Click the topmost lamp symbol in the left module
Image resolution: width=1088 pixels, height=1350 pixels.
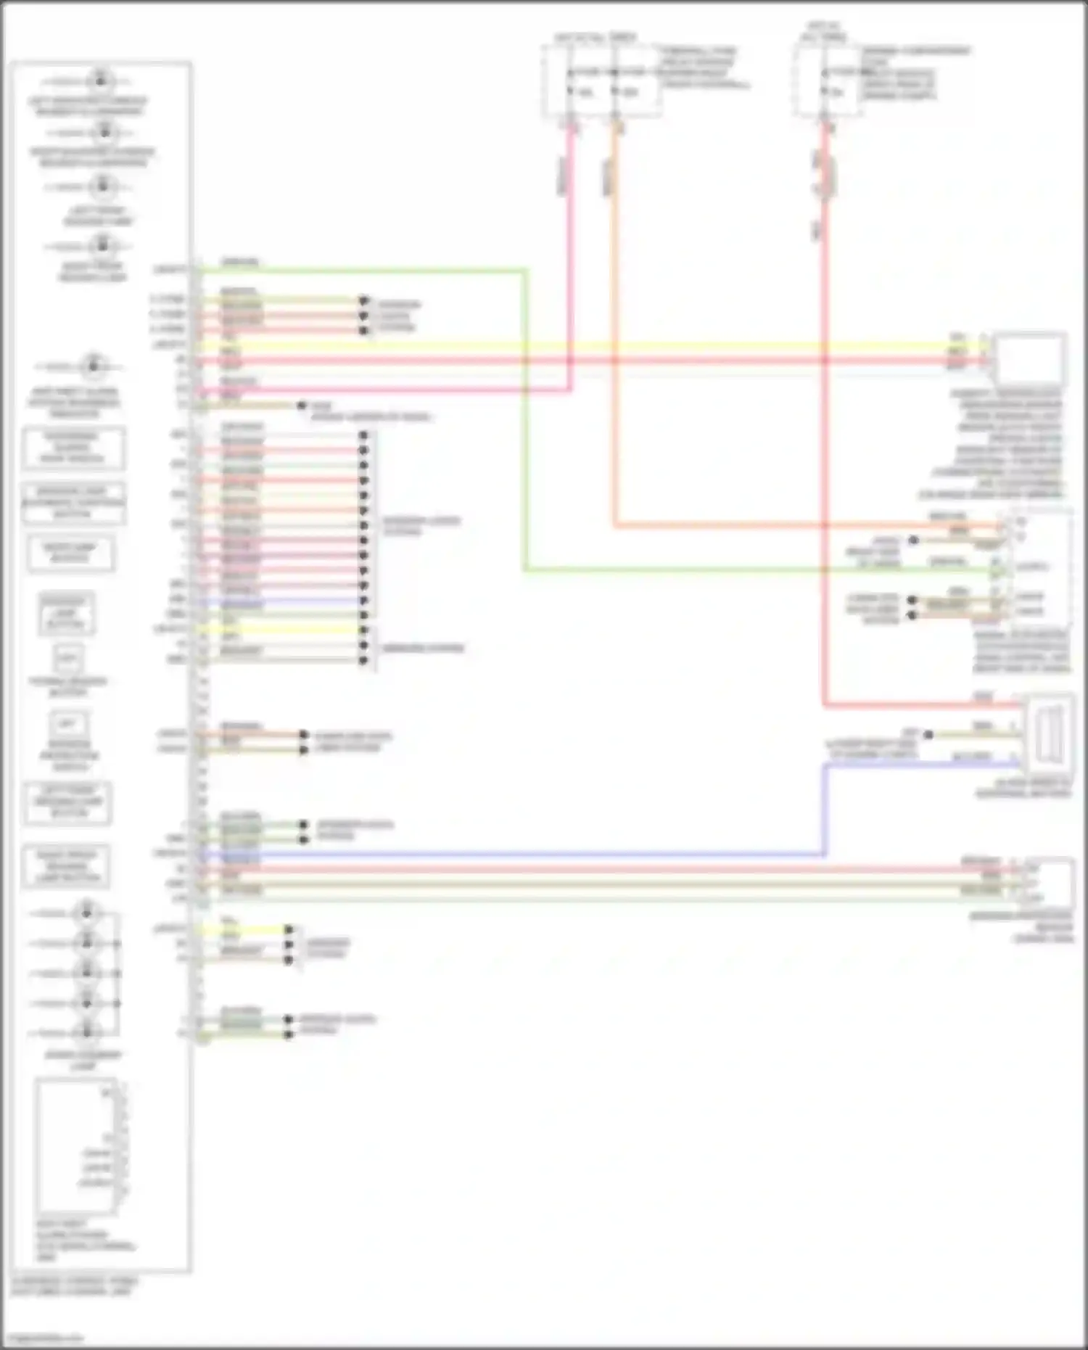[101, 79]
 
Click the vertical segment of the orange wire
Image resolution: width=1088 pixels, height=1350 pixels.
[614, 326]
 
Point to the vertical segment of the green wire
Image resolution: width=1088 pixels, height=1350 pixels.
[524, 421]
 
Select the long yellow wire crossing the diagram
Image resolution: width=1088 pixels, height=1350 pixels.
[580, 347]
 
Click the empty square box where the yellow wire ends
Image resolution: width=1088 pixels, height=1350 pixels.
[1029, 358]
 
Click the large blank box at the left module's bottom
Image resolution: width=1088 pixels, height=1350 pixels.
[75, 1147]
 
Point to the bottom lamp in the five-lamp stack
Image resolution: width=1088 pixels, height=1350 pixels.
[87, 1031]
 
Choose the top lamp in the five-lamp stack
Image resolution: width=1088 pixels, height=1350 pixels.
[87, 913]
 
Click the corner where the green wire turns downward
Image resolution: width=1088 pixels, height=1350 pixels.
[524, 271]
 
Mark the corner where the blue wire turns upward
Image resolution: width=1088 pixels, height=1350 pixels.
[825, 855]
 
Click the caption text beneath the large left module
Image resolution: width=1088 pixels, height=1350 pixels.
[73, 1287]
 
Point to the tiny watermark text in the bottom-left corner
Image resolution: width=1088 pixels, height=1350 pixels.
[42, 1338]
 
